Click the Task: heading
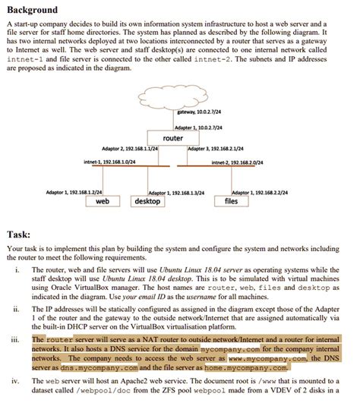19,234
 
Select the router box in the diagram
173,138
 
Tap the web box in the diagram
103,201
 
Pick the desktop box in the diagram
147,201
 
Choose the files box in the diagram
232,201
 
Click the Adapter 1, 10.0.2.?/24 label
195,128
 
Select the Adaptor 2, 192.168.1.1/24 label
130,148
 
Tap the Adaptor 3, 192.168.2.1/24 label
216,148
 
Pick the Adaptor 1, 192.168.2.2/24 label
259,193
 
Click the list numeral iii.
17,339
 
